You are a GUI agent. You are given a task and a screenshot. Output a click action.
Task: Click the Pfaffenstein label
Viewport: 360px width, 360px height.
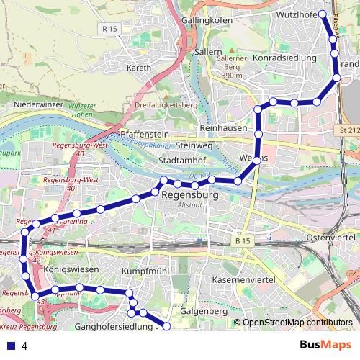tap(145, 134)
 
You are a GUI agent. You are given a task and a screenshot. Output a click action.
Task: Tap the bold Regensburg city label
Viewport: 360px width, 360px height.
tap(190, 194)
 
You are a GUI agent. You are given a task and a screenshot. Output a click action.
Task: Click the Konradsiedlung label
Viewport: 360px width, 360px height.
tap(284, 57)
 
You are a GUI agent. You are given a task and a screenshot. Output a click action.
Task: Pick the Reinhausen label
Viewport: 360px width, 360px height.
tap(223, 127)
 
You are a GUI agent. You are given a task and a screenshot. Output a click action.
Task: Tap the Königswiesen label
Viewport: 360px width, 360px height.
tap(71, 269)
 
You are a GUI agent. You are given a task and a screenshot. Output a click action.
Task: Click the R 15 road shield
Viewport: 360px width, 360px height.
tap(109, 29)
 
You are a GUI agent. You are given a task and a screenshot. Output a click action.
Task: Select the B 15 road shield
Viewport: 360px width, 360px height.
tap(241, 239)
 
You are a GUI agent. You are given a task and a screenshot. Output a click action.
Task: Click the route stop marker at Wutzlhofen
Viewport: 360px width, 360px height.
tap(322, 14)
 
